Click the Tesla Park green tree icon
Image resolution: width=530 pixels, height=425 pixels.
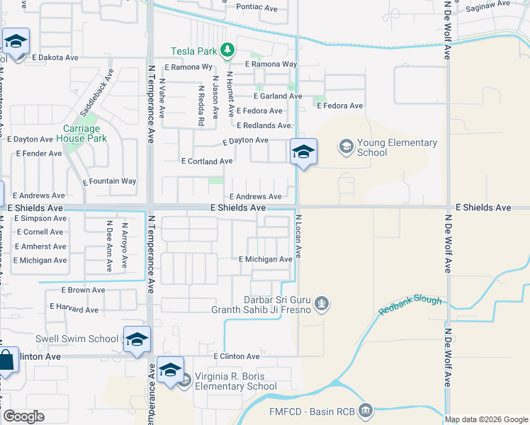tap(227, 50)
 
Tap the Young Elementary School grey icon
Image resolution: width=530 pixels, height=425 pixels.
tap(346, 147)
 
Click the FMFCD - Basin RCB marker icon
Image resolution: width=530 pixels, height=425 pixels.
tap(366, 410)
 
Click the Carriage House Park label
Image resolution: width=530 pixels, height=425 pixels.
tap(84, 133)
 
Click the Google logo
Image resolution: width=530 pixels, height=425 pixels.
tap(23, 416)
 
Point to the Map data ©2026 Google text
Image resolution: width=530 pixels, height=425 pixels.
tap(486, 419)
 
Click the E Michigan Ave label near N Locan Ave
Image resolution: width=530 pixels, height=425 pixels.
tap(266, 260)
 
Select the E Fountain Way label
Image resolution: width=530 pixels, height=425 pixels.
tap(109, 181)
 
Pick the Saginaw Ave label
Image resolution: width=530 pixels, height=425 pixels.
tap(488, 4)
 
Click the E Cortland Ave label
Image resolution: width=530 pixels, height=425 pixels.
tap(207, 161)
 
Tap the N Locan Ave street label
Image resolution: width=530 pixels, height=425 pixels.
tap(299, 236)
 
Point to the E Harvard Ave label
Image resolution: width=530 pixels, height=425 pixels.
tap(74, 307)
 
